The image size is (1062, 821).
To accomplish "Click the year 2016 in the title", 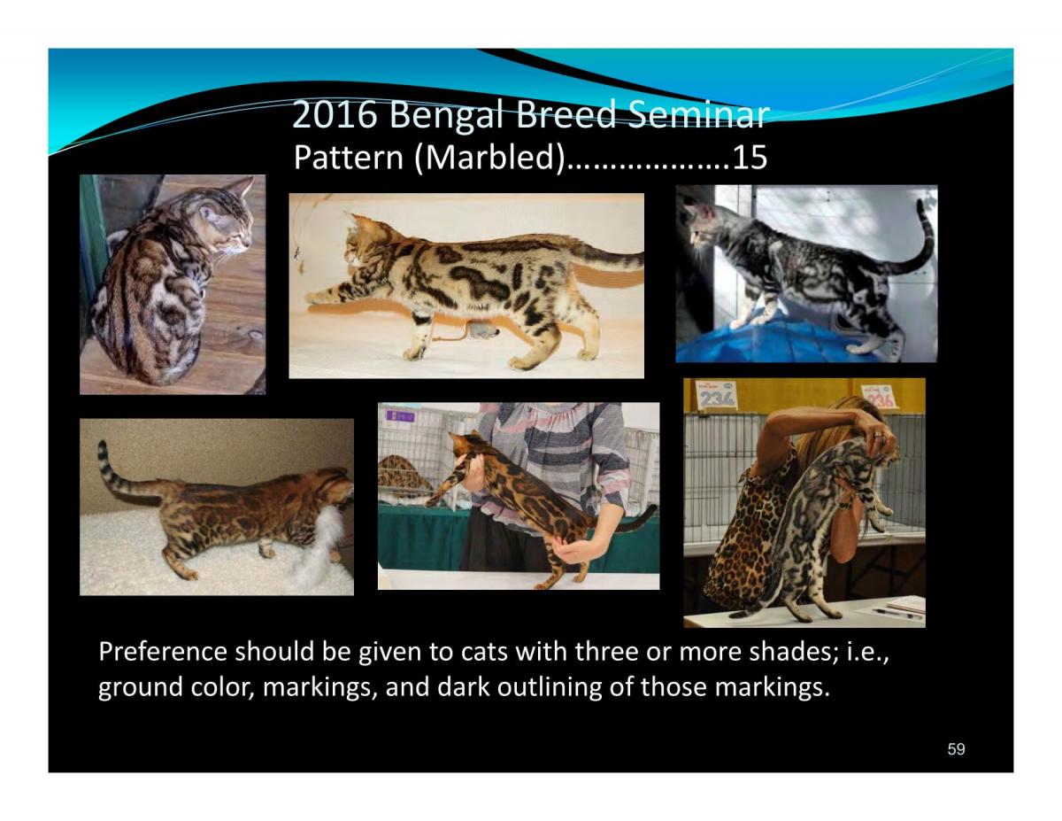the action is tap(335, 114).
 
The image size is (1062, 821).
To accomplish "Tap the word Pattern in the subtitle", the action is tap(349, 158).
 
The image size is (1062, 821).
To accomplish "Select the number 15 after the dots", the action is tap(750, 158).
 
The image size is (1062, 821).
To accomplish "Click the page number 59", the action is tap(956, 749).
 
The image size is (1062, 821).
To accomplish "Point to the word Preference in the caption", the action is tap(163, 653).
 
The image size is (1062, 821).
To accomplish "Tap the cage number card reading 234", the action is tap(716, 395).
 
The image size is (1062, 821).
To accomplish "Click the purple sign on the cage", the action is tap(400, 416).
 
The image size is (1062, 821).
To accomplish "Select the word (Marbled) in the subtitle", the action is tap(490, 158).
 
